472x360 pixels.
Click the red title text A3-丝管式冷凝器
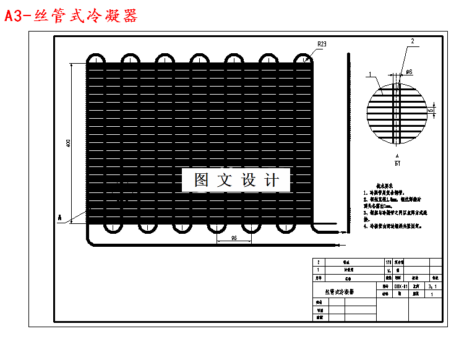71,15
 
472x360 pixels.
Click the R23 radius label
322,44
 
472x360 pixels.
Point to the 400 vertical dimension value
68,144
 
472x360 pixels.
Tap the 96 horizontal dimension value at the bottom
234,238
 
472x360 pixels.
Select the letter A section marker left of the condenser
59,217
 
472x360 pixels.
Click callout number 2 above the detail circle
413,41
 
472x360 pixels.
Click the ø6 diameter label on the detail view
409,72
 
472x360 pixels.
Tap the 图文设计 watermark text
236,180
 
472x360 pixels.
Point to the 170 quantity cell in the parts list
388,262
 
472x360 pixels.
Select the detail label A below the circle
397,158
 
